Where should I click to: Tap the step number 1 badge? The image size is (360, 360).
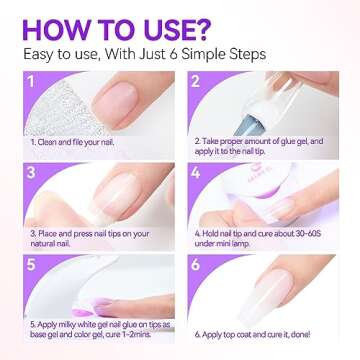pyautogui.click(x=34, y=84)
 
